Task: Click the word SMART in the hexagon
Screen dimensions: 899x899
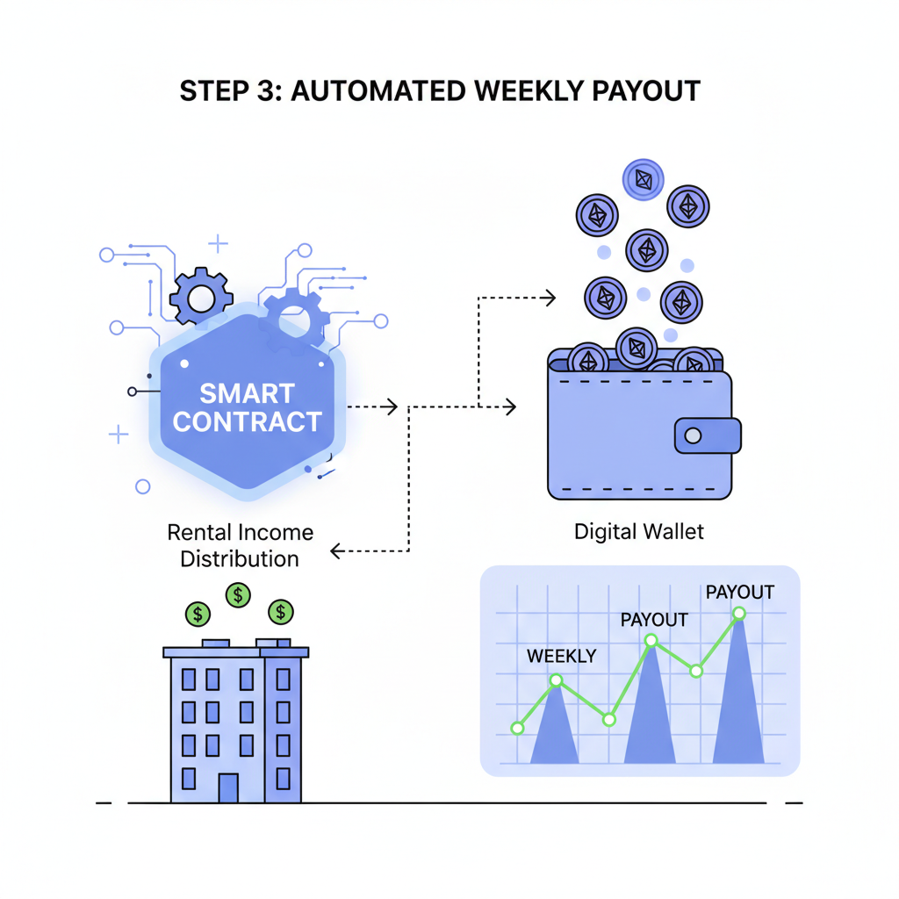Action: pyautogui.click(x=247, y=392)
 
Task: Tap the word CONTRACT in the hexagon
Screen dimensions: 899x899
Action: pyautogui.click(x=247, y=422)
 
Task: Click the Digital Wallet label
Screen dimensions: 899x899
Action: pyautogui.click(x=638, y=531)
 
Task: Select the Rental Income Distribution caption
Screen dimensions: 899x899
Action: pyautogui.click(x=240, y=545)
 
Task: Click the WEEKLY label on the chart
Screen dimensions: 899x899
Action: pyautogui.click(x=561, y=656)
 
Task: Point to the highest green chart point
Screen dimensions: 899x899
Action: pyautogui.click(x=739, y=613)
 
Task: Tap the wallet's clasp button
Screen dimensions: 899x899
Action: pyautogui.click(x=693, y=435)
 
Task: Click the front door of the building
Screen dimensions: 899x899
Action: pyautogui.click(x=228, y=787)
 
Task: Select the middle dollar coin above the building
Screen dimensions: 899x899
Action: pyautogui.click(x=238, y=595)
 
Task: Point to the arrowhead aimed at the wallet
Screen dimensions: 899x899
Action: pyautogui.click(x=509, y=406)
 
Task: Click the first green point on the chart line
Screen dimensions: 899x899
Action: pyautogui.click(x=517, y=728)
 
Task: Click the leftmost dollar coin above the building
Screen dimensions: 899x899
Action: pyautogui.click(x=198, y=613)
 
